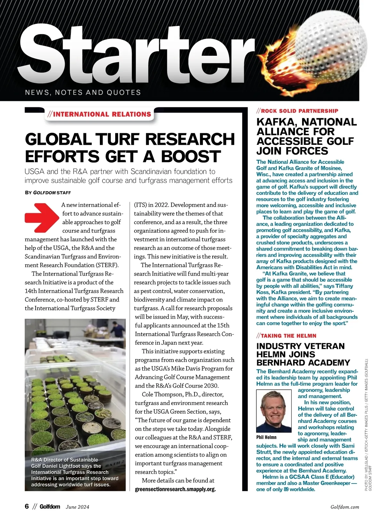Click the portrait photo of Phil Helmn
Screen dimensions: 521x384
pos(274,411)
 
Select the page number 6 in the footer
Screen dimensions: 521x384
pos(27,507)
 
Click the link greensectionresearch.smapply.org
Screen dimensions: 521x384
pos(175,489)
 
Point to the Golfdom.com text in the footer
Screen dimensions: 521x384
pos(345,507)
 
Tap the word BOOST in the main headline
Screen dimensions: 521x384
pos(191,156)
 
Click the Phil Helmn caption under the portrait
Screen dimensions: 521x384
pos(266,437)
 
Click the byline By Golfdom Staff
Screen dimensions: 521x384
pos(48,193)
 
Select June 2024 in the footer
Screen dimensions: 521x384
pos(77,507)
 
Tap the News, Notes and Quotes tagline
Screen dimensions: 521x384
pos(83,93)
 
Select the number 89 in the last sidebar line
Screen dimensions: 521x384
pos(286,489)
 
